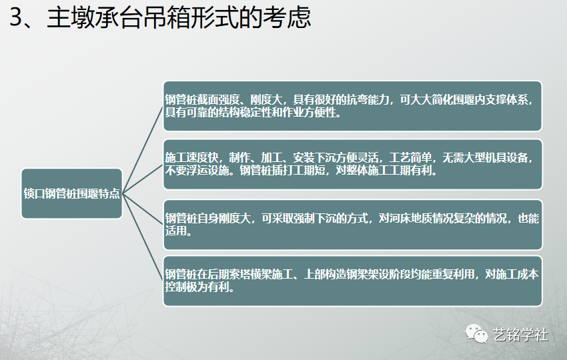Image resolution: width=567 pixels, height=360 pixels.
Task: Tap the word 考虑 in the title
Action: click(288, 18)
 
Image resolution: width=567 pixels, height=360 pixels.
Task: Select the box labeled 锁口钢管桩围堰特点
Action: click(71, 193)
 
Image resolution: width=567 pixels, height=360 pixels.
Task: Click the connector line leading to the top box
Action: click(143, 150)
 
